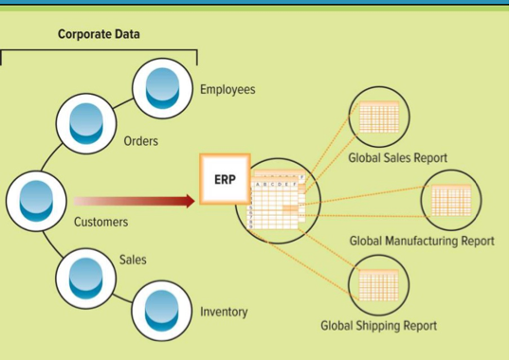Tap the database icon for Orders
click(x=87, y=123)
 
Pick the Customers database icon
click(x=35, y=201)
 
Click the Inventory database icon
click(x=162, y=312)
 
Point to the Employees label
click(x=228, y=89)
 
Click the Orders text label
click(x=141, y=142)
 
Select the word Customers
click(x=100, y=222)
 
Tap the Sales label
click(x=133, y=259)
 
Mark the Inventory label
click(x=224, y=312)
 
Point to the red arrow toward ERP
click(x=133, y=201)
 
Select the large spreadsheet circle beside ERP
click(x=277, y=201)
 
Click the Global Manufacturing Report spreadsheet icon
click(x=451, y=199)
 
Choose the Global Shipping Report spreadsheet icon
click(x=378, y=285)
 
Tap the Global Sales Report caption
click(x=397, y=158)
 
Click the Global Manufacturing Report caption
click(x=422, y=241)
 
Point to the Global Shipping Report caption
click(x=378, y=326)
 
